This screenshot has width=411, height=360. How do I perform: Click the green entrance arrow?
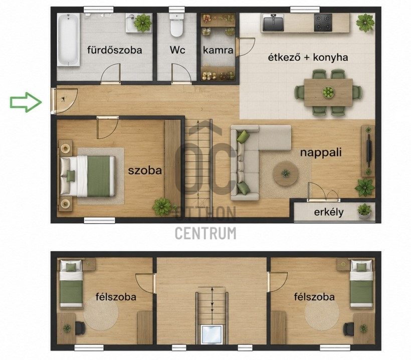tap(26, 102)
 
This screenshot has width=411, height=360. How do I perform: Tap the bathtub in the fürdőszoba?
tap(68, 39)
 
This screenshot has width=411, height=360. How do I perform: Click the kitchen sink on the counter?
tap(273, 23)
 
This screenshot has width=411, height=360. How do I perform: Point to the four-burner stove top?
tap(323, 23)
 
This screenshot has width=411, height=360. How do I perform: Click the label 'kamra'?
tap(218, 50)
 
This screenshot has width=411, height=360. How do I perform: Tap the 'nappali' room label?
tap(321, 152)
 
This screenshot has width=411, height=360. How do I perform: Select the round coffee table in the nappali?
tap(286, 173)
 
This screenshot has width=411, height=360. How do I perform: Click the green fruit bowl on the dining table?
tap(328, 92)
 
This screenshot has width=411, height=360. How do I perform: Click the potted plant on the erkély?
tap(364, 211)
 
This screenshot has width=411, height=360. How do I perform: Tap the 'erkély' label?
tap(329, 212)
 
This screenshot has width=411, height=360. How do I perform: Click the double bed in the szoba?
tap(88, 176)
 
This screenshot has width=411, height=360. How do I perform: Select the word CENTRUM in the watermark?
tap(205, 233)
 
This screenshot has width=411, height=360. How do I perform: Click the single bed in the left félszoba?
tap(71, 284)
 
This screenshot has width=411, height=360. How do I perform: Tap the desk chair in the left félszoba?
tap(80, 328)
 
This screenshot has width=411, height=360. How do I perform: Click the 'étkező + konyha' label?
tap(308, 58)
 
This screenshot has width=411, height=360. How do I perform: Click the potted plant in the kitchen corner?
tap(365, 23)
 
